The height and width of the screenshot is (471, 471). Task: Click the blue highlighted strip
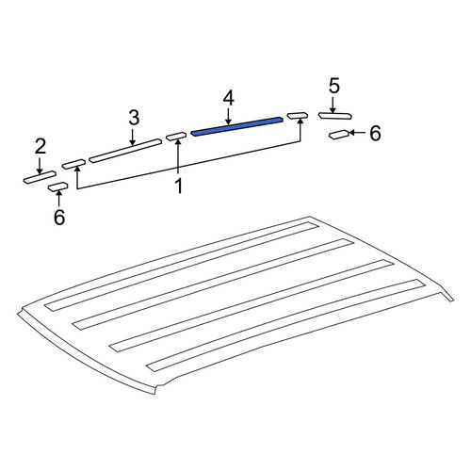point(237,126)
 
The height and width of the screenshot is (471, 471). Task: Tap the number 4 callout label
point(229,99)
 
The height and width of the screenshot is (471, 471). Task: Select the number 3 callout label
point(134,118)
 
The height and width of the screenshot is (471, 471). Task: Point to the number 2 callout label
point(41,146)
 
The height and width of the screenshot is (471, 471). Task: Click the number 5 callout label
point(334,86)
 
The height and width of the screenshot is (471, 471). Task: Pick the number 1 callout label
point(179,186)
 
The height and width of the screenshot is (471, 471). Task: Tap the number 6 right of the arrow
point(375,133)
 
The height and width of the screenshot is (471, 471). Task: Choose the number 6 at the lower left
point(59,217)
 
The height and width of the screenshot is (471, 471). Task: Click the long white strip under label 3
point(125,151)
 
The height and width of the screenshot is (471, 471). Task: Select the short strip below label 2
point(40,177)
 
